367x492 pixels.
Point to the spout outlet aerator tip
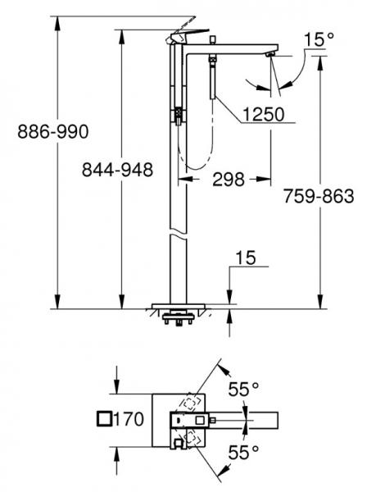click(270, 55)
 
